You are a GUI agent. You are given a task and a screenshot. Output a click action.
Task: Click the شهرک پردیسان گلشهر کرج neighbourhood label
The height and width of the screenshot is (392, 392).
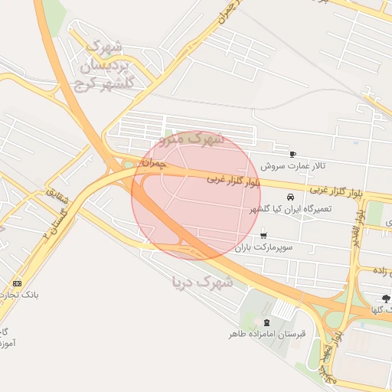105,64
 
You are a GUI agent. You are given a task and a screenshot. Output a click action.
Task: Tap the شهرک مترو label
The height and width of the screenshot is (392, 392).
191,140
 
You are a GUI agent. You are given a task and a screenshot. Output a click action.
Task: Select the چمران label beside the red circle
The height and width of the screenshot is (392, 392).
153,163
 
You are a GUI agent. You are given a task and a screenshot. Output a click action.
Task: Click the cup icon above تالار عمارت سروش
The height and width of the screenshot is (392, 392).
292,154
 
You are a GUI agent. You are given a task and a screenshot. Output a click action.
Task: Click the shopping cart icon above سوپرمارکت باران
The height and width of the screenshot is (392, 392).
264,235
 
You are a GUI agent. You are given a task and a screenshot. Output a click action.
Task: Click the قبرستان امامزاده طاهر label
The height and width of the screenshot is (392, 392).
267,334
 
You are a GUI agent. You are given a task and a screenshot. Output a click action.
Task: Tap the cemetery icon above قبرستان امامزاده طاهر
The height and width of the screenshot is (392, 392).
266,322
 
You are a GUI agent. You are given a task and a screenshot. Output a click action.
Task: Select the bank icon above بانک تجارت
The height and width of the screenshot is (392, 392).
18,284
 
